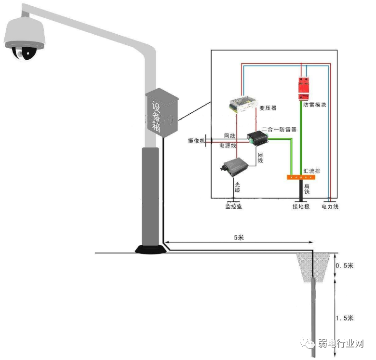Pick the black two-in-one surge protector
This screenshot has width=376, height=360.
pos(258,138)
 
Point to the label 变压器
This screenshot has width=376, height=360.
pos(268,108)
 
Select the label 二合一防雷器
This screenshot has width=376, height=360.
pos(279,130)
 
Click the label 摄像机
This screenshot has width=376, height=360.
pos(197,140)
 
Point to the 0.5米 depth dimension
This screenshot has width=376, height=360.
pos(345,266)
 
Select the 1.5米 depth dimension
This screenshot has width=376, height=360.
pos(345,318)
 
